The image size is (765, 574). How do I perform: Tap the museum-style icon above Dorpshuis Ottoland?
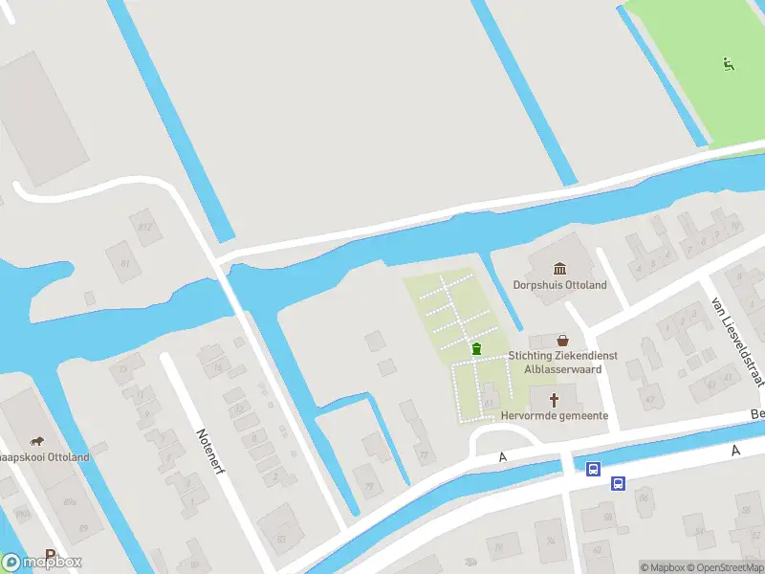559,268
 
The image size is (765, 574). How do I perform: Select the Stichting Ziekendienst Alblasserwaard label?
562,362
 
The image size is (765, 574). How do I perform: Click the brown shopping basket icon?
563,340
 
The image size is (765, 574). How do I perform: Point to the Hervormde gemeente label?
555,415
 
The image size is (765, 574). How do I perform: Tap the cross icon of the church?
554,398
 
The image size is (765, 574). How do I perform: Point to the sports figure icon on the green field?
729,64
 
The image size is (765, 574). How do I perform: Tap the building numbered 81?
124,262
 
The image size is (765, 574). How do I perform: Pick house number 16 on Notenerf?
218,367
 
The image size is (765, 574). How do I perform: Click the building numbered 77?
423,455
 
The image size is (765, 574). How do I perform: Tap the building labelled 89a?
69,502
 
